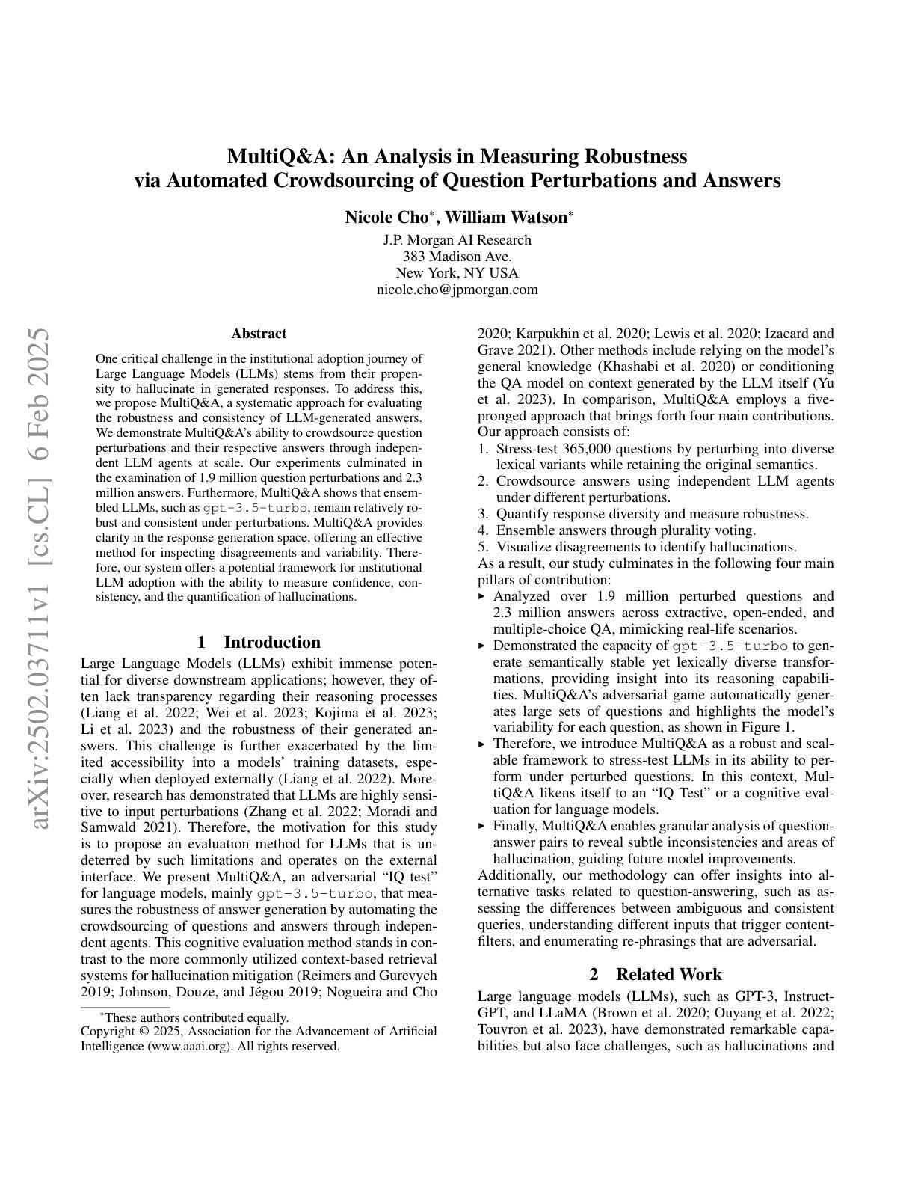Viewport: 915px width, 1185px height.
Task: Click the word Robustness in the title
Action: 635,156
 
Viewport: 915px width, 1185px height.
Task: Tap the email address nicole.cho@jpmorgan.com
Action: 457,290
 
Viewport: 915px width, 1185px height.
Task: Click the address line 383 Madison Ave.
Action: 457,257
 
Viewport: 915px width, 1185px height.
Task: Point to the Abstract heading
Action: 259,334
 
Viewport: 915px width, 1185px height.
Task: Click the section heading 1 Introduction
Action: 259,642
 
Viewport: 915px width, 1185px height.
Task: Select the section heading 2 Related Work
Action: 656,973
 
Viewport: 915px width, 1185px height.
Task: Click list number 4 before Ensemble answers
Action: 483,530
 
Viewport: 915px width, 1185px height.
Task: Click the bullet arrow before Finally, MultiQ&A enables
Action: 482,826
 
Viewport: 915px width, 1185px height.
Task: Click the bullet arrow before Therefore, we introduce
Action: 482,744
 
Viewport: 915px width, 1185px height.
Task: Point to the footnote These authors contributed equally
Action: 194,1017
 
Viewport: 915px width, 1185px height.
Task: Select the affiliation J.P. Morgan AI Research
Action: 457,240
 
